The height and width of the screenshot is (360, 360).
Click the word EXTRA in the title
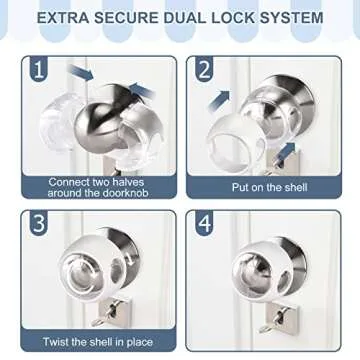coord(70,18)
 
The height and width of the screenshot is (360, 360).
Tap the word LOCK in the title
coord(245,18)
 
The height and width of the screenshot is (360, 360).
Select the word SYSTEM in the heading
coord(302,18)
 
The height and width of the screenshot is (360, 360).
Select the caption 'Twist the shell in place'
coord(98,342)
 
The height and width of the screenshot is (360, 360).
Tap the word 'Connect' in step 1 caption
coord(70,181)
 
